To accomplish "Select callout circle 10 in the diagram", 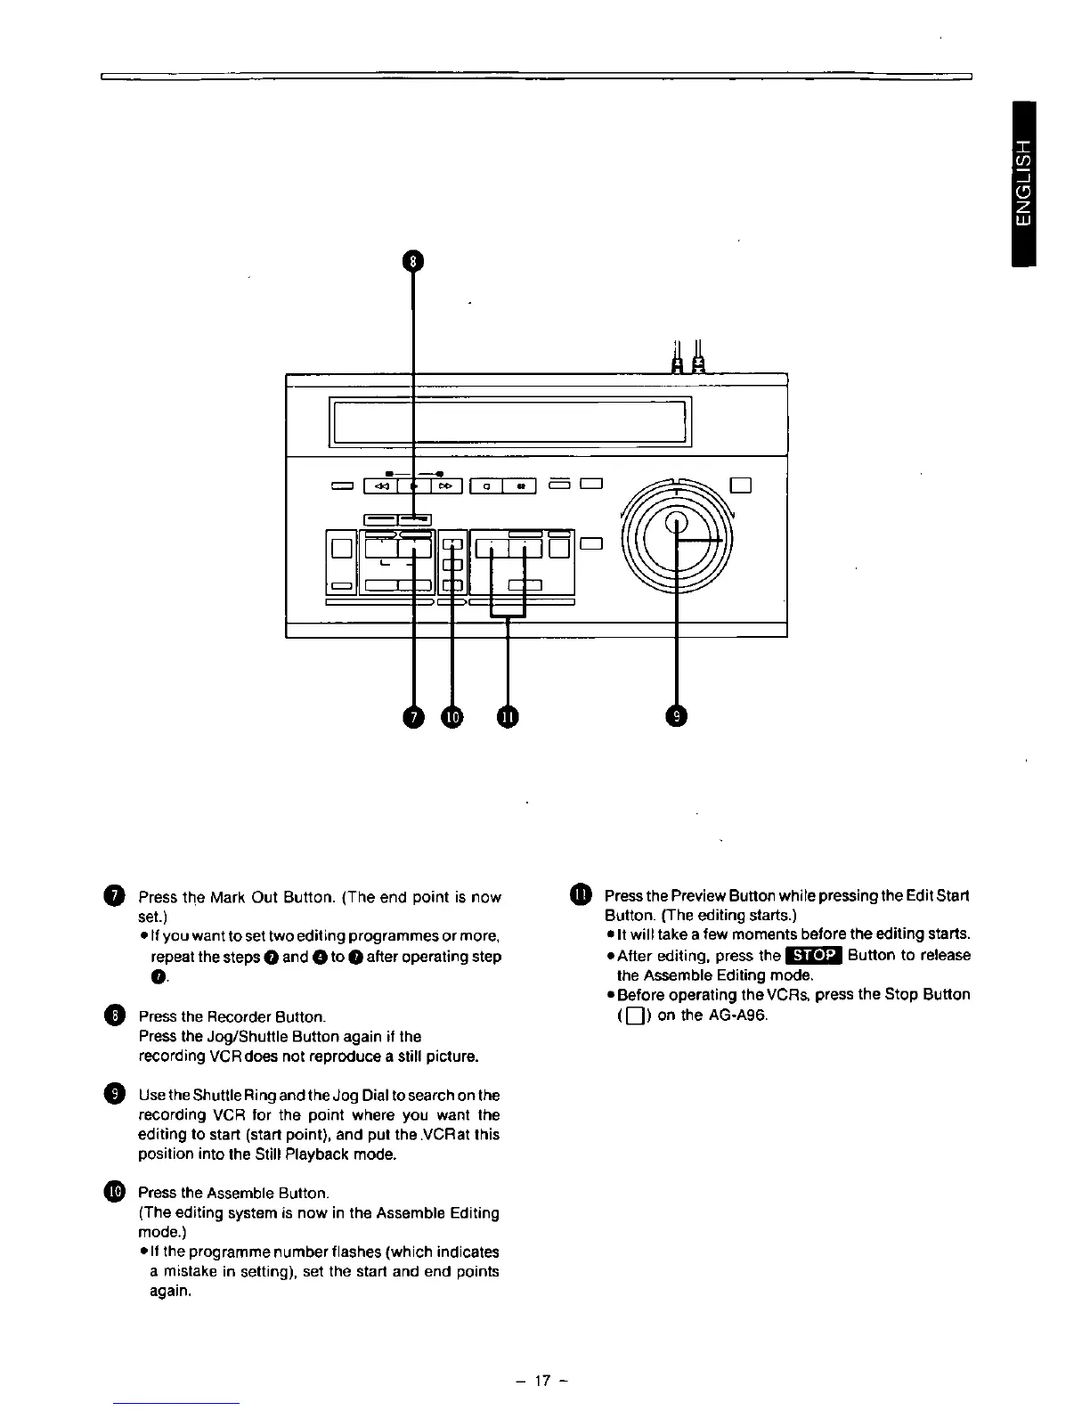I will [452, 715].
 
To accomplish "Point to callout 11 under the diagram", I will [508, 715].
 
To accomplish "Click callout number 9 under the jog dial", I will [677, 715].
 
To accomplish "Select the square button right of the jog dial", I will [743, 485].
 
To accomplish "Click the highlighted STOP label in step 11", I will [812, 955].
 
